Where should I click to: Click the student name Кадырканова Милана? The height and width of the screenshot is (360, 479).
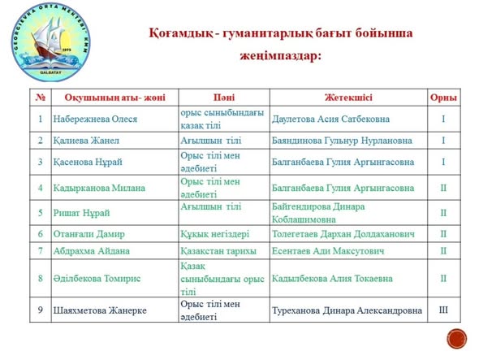(x=100, y=187)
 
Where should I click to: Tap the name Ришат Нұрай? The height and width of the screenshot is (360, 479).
(x=81, y=212)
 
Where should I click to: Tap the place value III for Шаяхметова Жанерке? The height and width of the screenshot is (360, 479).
(x=443, y=310)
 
